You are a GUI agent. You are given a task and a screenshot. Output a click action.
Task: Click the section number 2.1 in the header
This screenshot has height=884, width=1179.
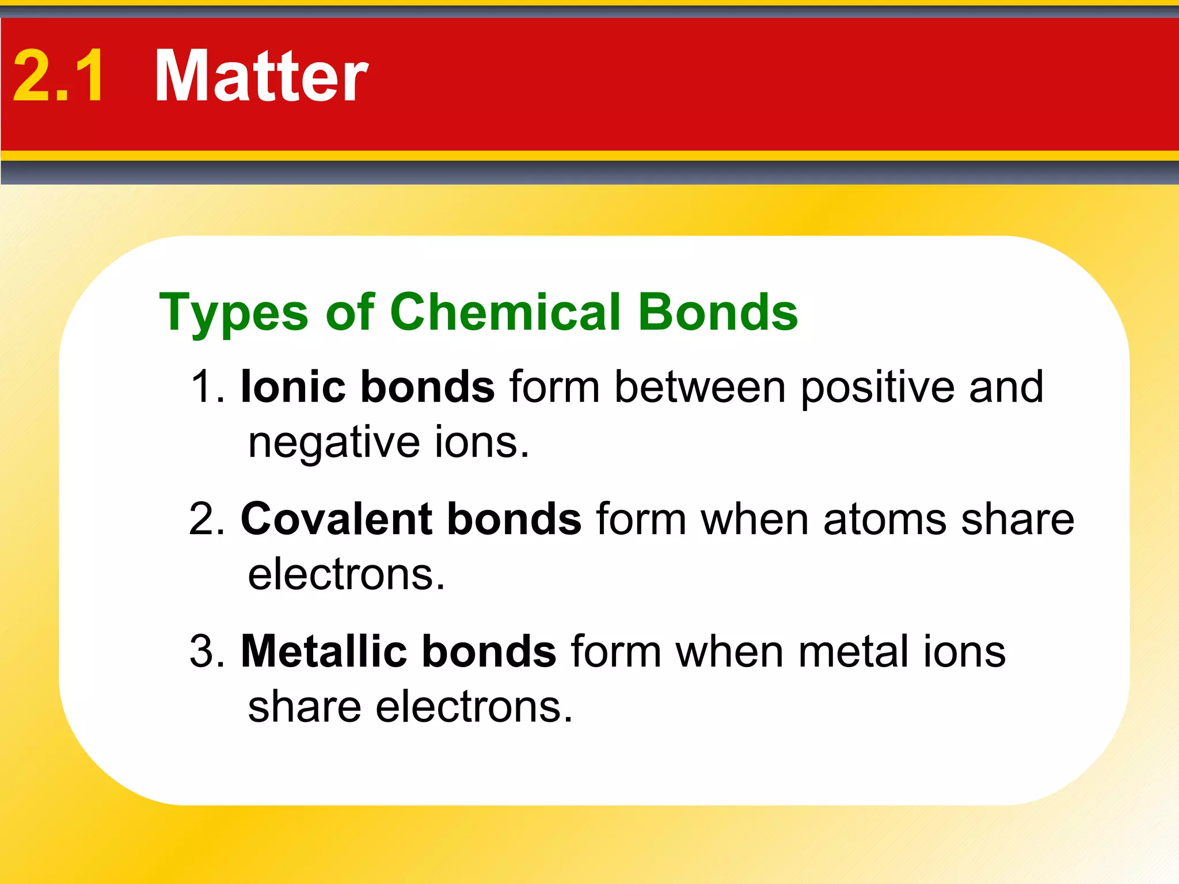click(x=59, y=75)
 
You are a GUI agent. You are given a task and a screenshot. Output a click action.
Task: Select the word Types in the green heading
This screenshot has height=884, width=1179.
click(x=234, y=313)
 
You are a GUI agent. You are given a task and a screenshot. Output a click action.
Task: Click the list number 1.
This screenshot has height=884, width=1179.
click(x=207, y=386)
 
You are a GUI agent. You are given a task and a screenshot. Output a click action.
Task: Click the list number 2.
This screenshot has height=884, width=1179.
click(x=207, y=519)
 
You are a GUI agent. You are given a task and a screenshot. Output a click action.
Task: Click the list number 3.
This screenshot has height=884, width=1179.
click(x=207, y=651)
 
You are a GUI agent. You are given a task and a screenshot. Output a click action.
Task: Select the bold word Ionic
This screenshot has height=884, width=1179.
click(x=293, y=386)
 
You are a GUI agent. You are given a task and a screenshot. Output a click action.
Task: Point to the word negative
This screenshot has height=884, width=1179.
click(x=334, y=443)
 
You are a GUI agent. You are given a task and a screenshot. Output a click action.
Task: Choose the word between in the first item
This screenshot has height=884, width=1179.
click(x=699, y=386)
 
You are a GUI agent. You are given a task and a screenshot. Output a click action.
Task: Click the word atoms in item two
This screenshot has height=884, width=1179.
click(x=884, y=520)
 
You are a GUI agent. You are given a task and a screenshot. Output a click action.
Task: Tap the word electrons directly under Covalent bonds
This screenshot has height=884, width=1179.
click(x=346, y=574)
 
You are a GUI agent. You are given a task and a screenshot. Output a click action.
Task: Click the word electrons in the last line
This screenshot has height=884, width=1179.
click(x=474, y=707)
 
